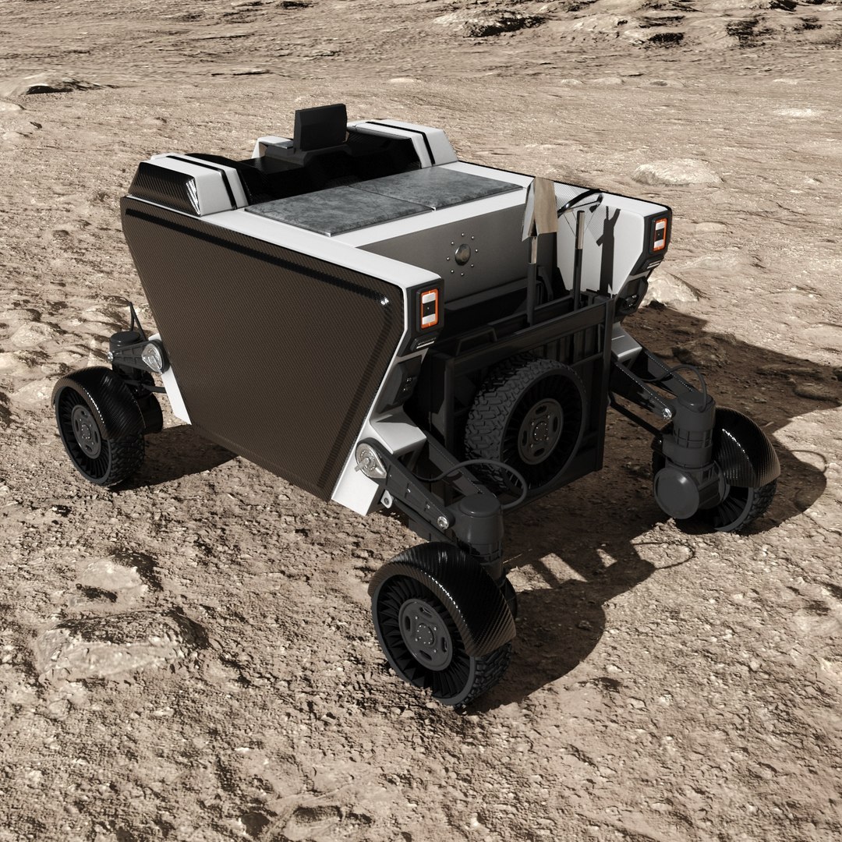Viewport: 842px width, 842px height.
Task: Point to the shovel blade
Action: (x=542, y=207)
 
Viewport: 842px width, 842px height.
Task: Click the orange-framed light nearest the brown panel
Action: (x=430, y=308)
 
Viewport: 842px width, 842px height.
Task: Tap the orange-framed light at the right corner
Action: (x=660, y=234)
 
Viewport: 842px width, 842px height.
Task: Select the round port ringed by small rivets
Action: (x=463, y=253)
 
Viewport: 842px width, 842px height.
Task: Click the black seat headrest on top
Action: (x=320, y=126)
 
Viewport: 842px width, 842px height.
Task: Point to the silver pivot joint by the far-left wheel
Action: (x=153, y=357)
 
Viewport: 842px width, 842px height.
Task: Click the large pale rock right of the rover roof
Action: (x=677, y=172)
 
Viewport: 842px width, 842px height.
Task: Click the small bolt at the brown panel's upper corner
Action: (x=384, y=301)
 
